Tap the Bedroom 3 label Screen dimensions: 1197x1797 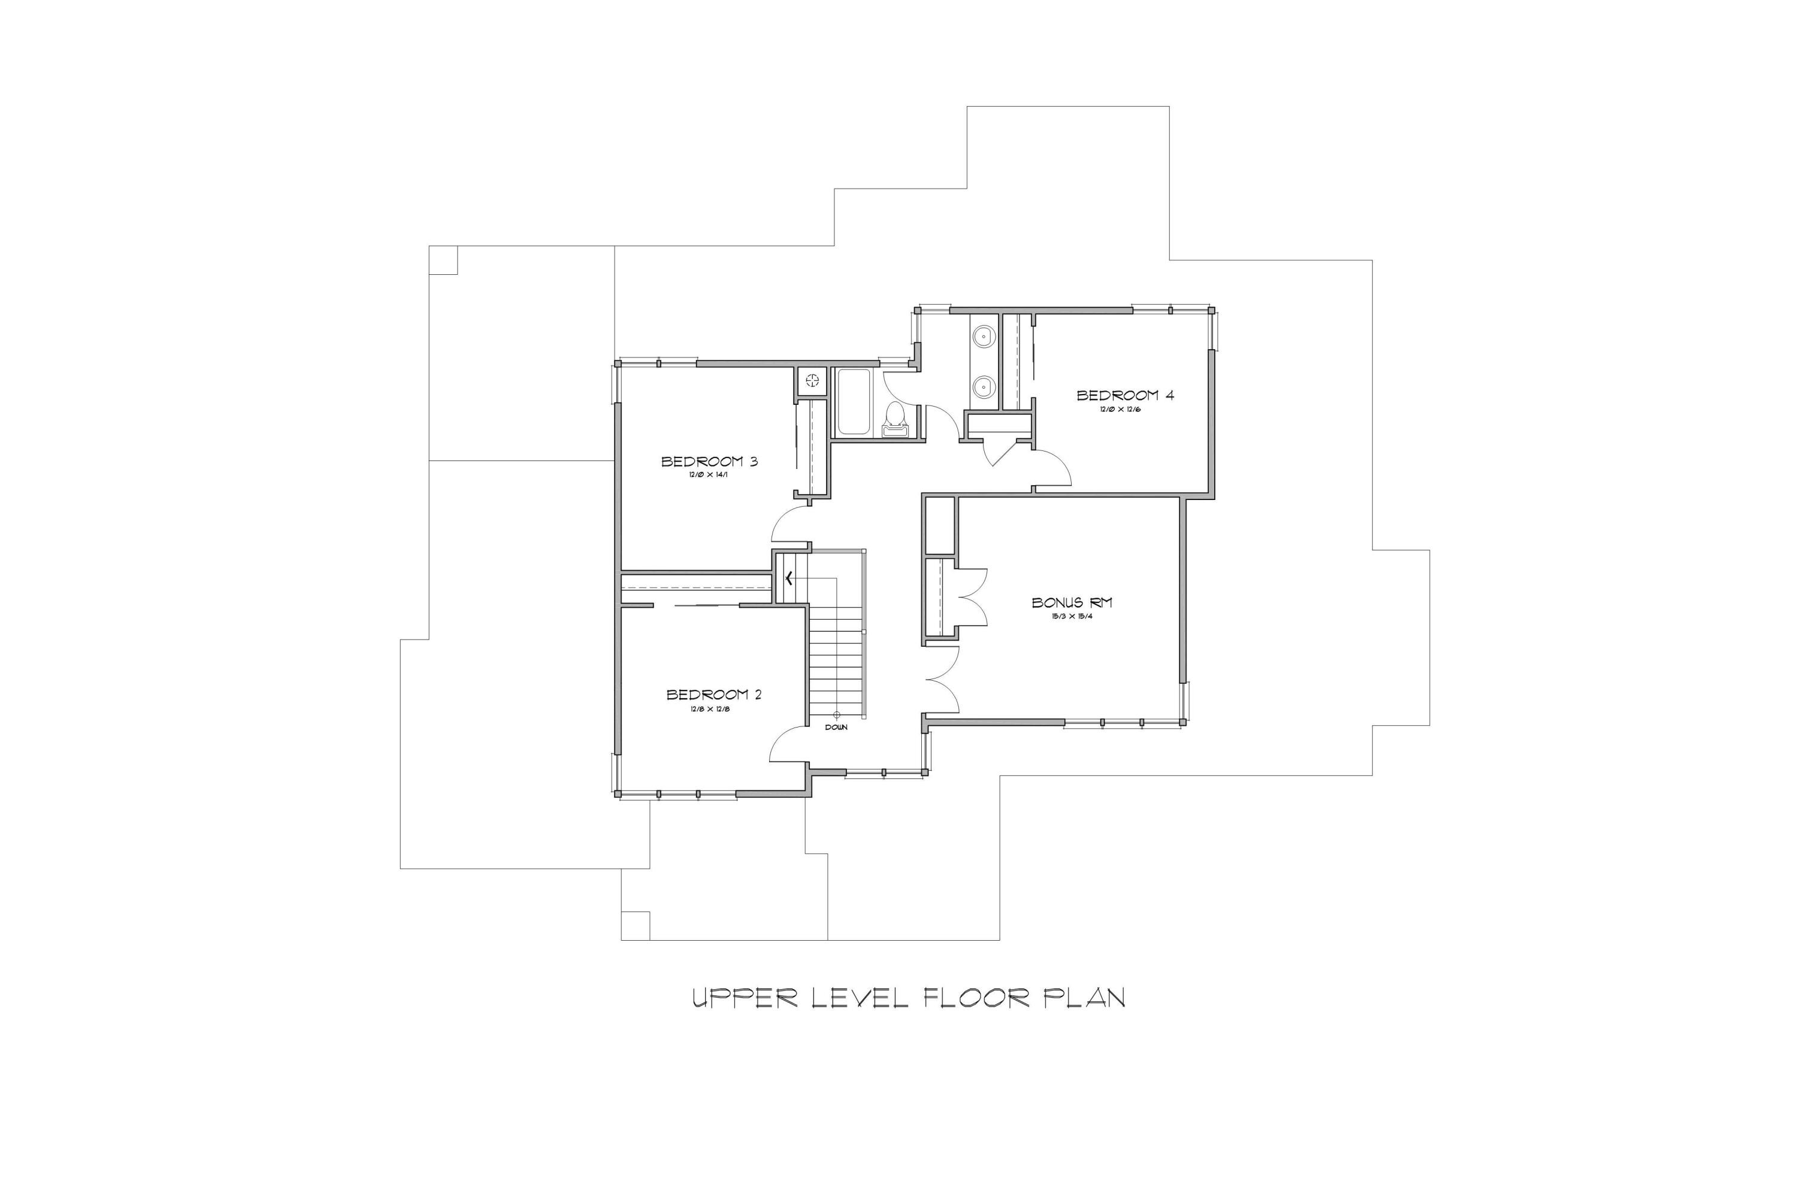[709, 462]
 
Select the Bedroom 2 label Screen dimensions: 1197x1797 [713, 695]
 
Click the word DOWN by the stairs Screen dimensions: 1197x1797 [836, 728]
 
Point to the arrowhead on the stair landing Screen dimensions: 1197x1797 [786, 578]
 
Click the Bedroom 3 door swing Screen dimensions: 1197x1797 [788, 527]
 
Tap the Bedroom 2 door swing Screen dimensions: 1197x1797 [786, 744]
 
